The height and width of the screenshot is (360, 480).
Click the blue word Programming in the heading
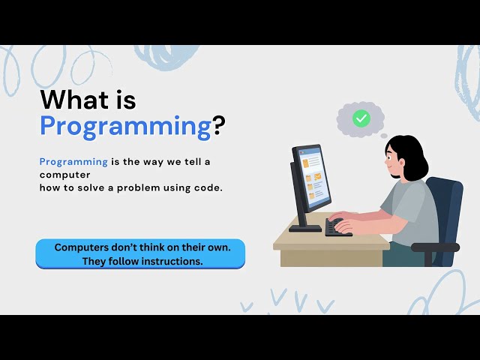(125, 125)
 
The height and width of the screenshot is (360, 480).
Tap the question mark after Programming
(218, 125)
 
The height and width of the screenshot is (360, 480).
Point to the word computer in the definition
(60, 174)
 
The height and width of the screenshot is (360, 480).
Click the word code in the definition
(207, 187)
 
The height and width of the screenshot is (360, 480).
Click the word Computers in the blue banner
(84, 247)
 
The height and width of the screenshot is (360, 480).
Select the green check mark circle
(361, 118)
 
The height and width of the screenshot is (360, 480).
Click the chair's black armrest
(435, 247)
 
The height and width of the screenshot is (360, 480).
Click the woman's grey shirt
(412, 214)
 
